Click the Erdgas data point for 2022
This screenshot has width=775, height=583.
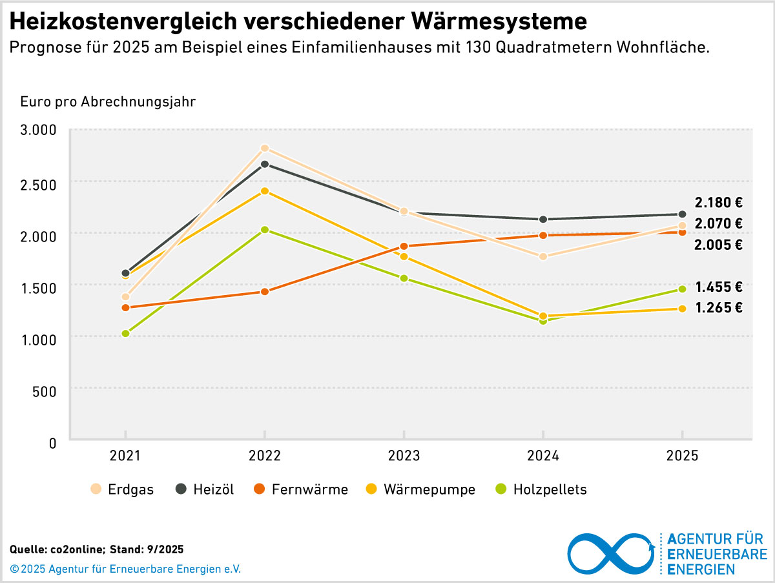click(264, 148)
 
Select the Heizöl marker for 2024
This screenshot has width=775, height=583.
click(543, 220)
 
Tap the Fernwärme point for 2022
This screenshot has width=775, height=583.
click(264, 292)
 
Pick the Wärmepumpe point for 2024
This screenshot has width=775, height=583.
click(543, 316)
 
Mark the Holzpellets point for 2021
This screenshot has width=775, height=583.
click(125, 334)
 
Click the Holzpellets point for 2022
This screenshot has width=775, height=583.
click(264, 230)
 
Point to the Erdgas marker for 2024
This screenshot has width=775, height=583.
click(543, 256)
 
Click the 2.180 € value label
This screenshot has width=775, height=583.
click(718, 203)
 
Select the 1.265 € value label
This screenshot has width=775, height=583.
click(718, 308)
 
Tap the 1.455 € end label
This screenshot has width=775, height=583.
click(718, 287)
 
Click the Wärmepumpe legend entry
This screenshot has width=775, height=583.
click(420, 489)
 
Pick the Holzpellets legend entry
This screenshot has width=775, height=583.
click(541, 489)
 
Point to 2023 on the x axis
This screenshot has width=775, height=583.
click(404, 456)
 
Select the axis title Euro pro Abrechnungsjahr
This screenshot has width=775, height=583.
click(108, 102)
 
